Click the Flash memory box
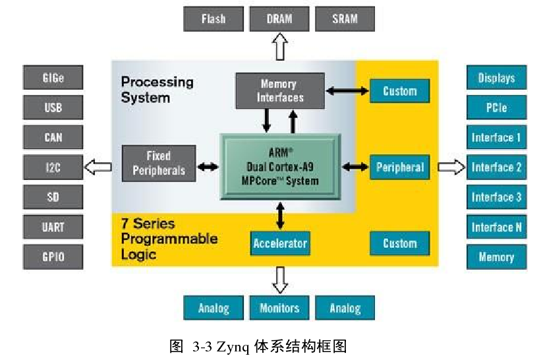[x=213, y=19]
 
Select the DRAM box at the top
[x=279, y=19]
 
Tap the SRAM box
[x=345, y=19]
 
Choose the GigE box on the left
[x=53, y=78]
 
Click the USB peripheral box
[x=53, y=107]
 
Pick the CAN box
[x=53, y=138]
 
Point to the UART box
[x=53, y=227]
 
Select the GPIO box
[x=53, y=257]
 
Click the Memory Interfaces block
[x=279, y=91]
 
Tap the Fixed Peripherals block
[x=159, y=164]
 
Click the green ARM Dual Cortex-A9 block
[x=281, y=167]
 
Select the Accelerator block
[x=280, y=243]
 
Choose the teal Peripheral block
[x=400, y=167]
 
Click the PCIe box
[x=496, y=107]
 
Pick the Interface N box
[x=496, y=227]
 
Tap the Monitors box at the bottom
[x=279, y=308]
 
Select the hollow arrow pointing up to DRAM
[x=280, y=47]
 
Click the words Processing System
[x=157, y=90]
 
